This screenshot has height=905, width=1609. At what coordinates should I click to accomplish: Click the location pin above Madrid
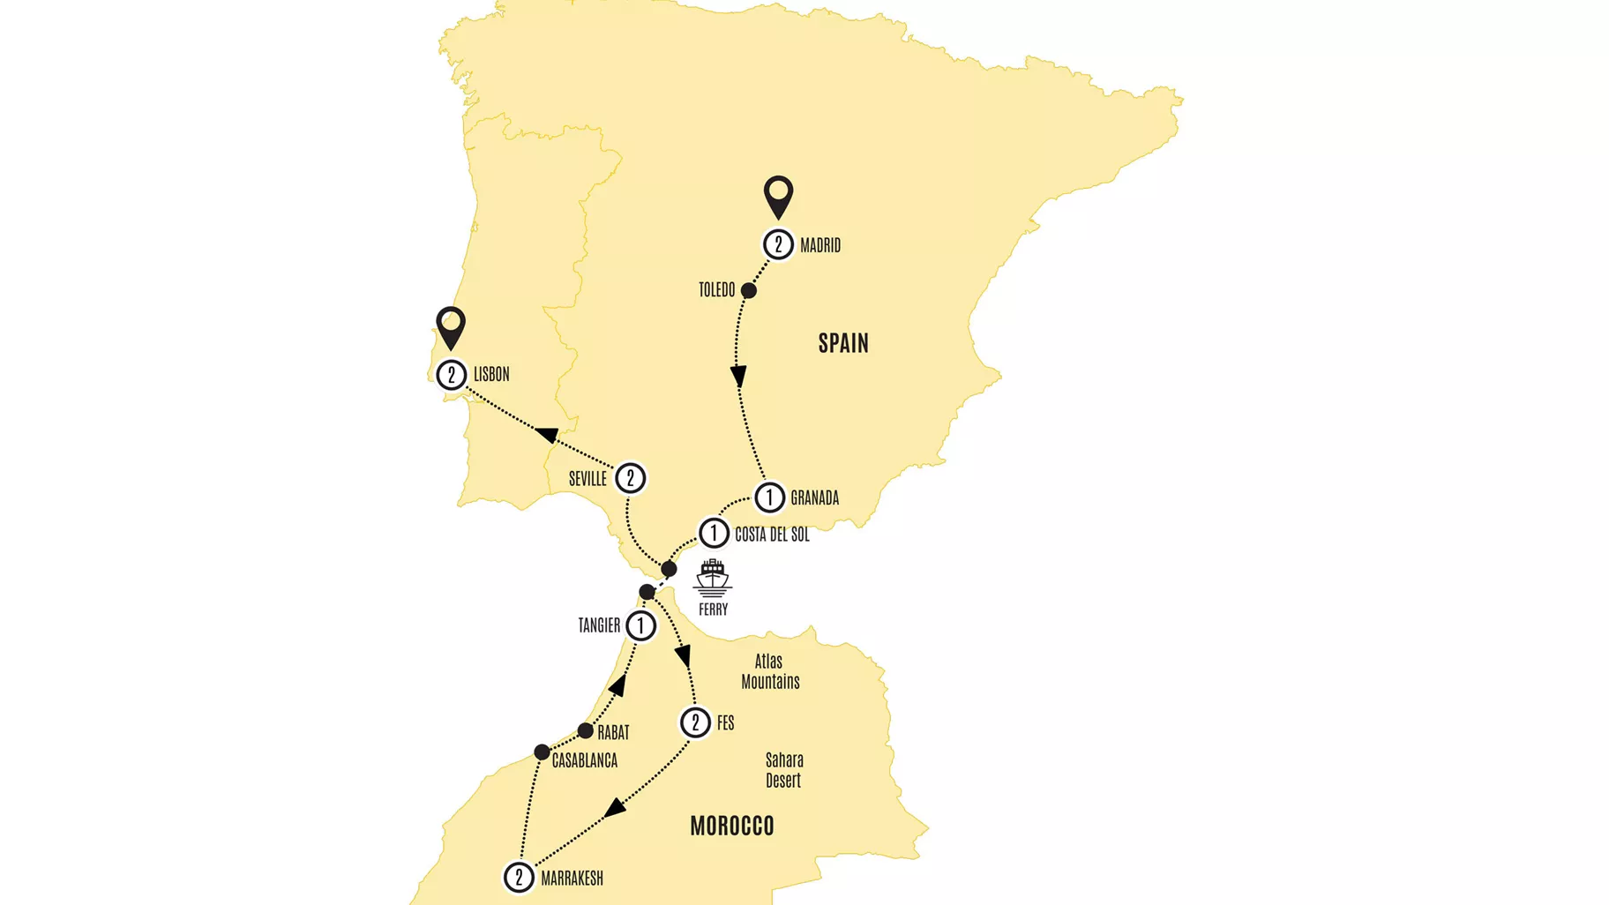tap(778, 195)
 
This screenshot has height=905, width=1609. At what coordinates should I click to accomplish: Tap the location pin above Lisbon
tap(451, 325)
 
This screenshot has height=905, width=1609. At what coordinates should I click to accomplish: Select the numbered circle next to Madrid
tap(778, 244)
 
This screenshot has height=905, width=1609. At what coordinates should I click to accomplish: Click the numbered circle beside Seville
tap(630, 478)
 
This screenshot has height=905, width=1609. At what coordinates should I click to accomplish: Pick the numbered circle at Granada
tap(769, 497)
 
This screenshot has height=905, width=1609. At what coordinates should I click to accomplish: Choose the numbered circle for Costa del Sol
tap(714, 533)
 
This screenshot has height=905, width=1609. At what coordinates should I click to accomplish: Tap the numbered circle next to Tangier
tap(641, 626)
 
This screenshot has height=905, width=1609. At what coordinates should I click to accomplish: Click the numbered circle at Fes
tap(695, 723)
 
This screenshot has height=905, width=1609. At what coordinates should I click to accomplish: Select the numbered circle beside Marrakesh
tap(519, 878)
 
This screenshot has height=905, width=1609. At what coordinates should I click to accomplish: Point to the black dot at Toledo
tap(748, 290)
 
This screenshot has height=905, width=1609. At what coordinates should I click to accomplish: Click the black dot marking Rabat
tap(585, 731)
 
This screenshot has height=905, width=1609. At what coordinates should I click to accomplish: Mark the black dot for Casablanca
tap(542, 752)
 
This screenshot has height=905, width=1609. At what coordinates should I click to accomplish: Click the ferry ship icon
tap(712, 579)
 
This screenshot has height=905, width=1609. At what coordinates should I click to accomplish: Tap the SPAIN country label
tap(843, 343)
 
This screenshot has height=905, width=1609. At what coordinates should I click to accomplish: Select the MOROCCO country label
tap(732, 826)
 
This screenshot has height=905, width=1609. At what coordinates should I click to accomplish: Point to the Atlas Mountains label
tap(770, 671)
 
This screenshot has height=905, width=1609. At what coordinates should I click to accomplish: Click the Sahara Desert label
tap(783, 770)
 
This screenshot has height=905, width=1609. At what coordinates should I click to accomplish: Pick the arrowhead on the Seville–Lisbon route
tap(547, 434)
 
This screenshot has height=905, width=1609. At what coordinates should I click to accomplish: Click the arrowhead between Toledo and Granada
tap(738, 377)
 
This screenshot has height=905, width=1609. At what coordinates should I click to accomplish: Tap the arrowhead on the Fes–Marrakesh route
tap(616, 807)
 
